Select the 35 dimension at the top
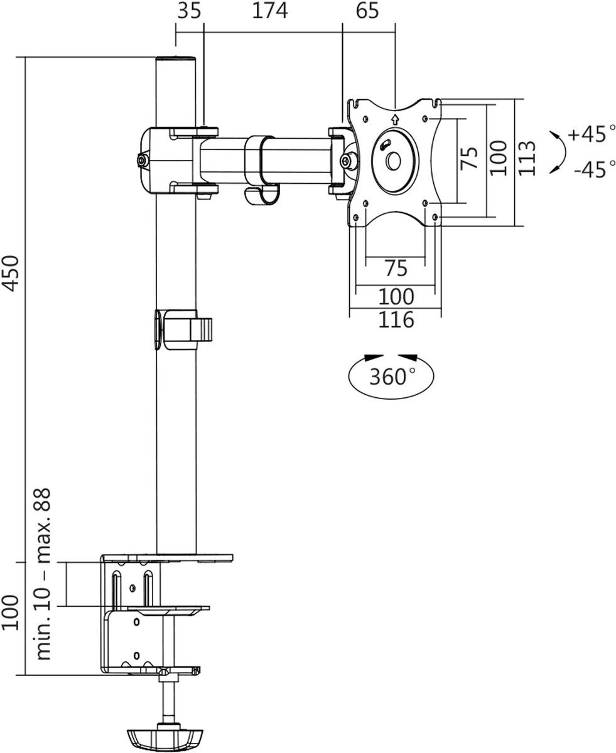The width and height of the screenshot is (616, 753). point(190,11)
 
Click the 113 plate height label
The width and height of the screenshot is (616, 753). point(527,158)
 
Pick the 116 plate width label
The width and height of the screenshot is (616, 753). point(396,319)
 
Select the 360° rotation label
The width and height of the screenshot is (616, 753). point(392,377)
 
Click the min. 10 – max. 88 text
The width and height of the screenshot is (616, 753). point(43,575)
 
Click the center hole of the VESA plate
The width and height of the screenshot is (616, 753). point(394,161)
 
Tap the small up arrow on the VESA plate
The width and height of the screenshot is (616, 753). point(394,118)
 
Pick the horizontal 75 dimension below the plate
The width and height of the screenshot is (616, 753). point(395,268)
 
